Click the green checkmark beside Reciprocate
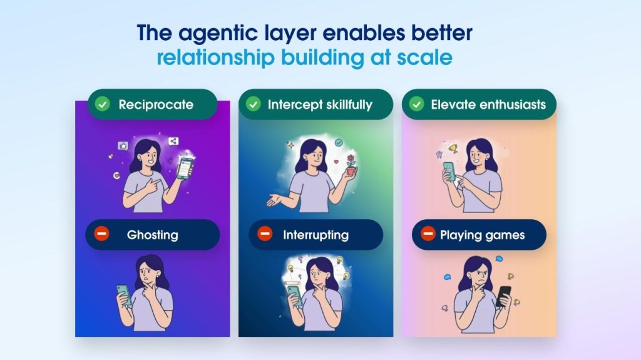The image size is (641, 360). pyautogui.click(x=102, y=105)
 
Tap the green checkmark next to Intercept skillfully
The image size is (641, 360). pyautogui.click(x=254, y=105)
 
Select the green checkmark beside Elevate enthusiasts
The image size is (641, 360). pyautogui.click(x=416, y=105)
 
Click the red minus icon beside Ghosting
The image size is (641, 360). pyautogui.click(x=102, y=234)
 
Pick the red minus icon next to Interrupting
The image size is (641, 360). pyautogui.click(x=265, y=234)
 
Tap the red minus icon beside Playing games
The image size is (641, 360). pyautogui.click(x=428, y=234)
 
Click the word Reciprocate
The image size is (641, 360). pyautogui.click(x=156, y=105)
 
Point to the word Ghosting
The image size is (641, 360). pyautogui.click(x=153, y=235)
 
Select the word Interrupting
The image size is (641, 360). pyautogui.click(x=316, y=235)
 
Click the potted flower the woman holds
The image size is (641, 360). pyautogui.click(x=351, y=165)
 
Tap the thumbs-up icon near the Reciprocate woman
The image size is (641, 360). pyautogui.click(x=123, y=146)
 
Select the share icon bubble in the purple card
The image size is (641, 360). pyautogui.click(x=173, y=141)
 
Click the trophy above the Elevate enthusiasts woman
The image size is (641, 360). pyautogui.click(x=453, y=148)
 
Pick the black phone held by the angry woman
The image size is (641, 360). pyautogui.click(x=503, y=296)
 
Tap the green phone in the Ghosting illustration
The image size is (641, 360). pyautogui.click(x=124, y=294)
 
